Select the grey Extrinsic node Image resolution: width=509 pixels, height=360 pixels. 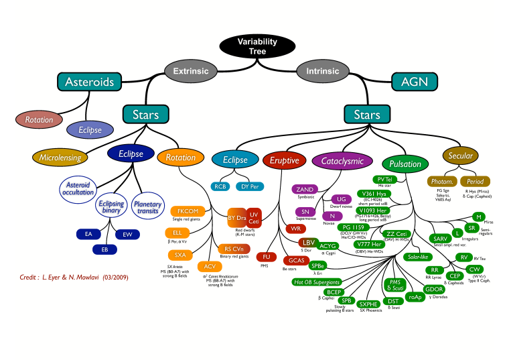pyautogui.click(x=191, y=71)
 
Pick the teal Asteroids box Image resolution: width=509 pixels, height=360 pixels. pyautogui.click(x=89, y=82)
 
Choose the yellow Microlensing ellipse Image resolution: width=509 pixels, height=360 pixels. pyautogui.click(x=60, y=158)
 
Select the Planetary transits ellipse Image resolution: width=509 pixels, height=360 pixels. pyautogui.click(x=147, y=206)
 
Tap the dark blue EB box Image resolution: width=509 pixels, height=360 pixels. pyautogui.click(x=105, y=249)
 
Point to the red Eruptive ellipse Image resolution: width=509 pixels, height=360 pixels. pyautogui.click(x=285, y=160)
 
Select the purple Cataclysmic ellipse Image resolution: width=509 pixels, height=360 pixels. pyautogui.click(x=342, y=161)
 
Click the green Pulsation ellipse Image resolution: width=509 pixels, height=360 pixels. pyautogui.click(x=405, y=164)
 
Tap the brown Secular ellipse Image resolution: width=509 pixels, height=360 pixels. pyautogui.click(x=462, y=156)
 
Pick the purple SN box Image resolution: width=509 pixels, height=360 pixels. pyautogui.click(x=305, y=212)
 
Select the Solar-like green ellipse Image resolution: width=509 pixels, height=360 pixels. pyautogui.click(x=419, y=257)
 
